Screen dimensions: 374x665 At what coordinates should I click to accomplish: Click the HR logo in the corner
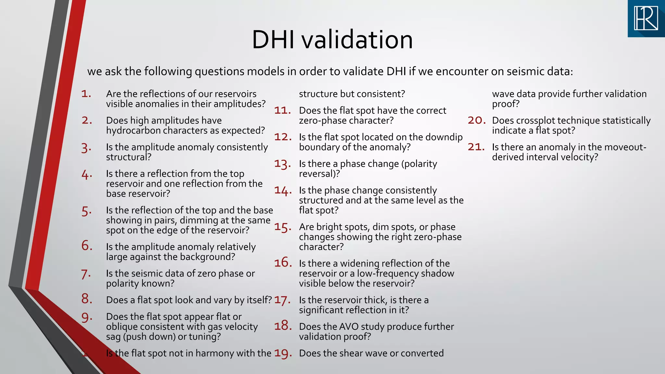click(646, 19)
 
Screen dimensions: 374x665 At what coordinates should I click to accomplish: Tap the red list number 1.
click(86, 94)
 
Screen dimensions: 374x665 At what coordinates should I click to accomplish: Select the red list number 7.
click(86, 274)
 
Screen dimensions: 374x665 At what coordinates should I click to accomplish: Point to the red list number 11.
click(282, 110)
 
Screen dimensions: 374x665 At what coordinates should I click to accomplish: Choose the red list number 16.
click(282, 263)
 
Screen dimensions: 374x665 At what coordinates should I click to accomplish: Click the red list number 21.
click(476, 147)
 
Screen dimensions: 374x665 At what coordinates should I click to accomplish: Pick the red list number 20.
click(476, 120)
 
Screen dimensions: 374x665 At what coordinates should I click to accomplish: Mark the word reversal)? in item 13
click(319, 174)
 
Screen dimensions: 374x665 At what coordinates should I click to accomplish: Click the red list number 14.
click(282, 191)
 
